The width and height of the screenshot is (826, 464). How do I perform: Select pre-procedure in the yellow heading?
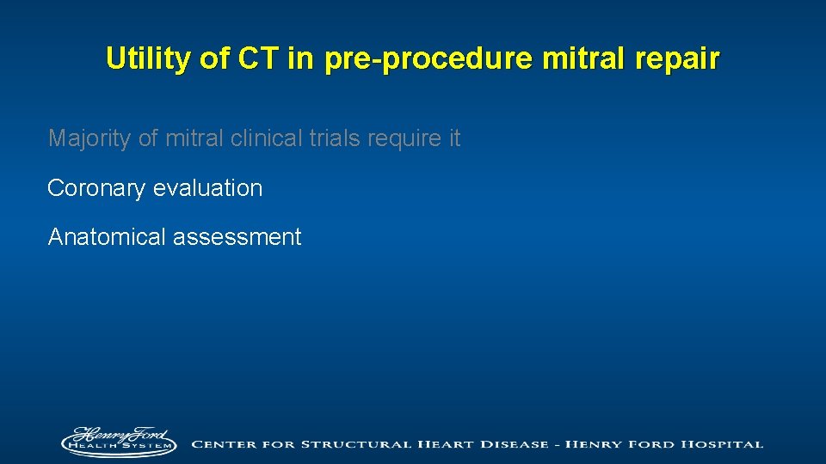click(401, 58)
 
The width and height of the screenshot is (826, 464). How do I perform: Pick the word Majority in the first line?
click(89, 138)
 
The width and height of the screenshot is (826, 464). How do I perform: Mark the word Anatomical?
click(107, 237)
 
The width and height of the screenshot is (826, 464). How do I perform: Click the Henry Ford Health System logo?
click(118, 442)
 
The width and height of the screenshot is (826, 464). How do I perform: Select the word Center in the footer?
click(225, 444)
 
